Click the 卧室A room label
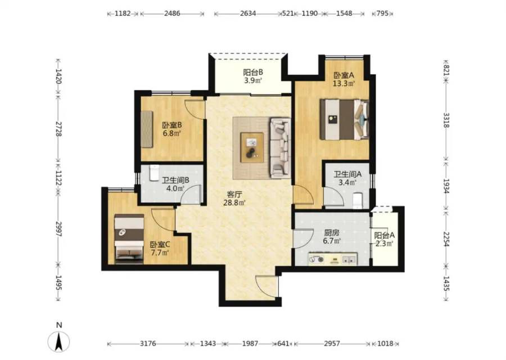click(x=344, y=75)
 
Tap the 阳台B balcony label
click(x=253, y=73)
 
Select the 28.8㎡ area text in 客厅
click(x=234, y=202)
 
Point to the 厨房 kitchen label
click(x=331, y=232)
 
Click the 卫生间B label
click(x=175, y=180)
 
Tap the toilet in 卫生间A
click(x=358, y=201)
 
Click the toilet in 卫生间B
click(x=154, y=173)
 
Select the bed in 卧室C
click(x=129, y=238)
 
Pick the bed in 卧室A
click(x=344, y=119)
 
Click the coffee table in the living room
click(x=252, y=147)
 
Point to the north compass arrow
click(x=58, y=341)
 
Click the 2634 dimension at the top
click(x=248, y=13)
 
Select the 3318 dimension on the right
click(x=446, y=120)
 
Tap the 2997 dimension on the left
click(x=58, y=229)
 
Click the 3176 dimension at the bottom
click(x=148, y=344)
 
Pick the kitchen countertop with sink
click(x=333, y=259)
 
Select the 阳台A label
click(x=385, y=236)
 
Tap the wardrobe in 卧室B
click(x=147, y=129)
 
